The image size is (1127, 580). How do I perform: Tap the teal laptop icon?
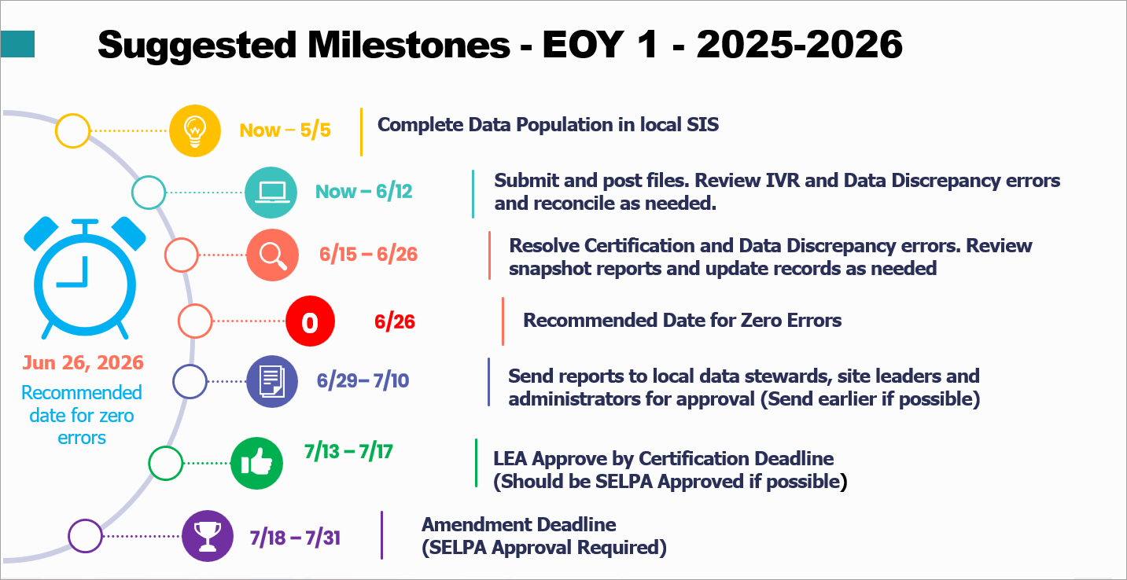pyautogui.click(x=271, y=192)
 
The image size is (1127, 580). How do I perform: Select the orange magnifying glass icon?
pyautogui.click(x=271, y=255)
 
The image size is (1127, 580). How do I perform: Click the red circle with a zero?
pyautogui.click(x=310, y=321)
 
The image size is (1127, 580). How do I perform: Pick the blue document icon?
pyautogui.click(x=271, y=382)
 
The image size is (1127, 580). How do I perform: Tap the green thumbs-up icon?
pyautogui.click(x=256, y=464)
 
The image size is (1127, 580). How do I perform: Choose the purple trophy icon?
pyautogui.click(x=208, y=536)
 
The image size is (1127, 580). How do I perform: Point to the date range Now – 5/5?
pyautogui.click(x=285, y=130)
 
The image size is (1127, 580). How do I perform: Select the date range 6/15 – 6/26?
pyautogui.click(x=368, y=255)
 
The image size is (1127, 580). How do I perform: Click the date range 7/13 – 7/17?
pyautogui.click(x=348, y=452)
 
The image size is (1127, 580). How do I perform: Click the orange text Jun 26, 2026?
pyautogui.click(x=83, y=362)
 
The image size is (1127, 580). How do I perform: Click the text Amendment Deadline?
pyautogui.click(x=518, y=524)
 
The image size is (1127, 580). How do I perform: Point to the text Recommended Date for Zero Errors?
pyautogui.click(x=682, y=321)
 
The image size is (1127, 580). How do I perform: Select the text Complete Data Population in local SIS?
pyautogui.click(x=547, y=125)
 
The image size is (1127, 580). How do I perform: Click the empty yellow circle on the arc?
pyautogui.click(x=72, y=130)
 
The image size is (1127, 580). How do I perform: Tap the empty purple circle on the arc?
pyautogui.click(x=85, y=536)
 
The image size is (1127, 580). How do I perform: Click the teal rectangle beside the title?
pyautogui.click(x=17, y=45)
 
